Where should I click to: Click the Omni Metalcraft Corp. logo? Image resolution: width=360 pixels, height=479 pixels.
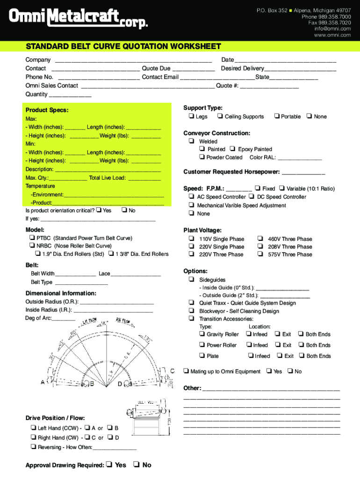pos(79,20)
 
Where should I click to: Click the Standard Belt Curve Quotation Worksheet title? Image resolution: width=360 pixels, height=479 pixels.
pos(123,47)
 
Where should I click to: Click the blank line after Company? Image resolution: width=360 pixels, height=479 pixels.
pos(133,60)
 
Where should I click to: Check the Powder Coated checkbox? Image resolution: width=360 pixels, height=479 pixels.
pos(202,157)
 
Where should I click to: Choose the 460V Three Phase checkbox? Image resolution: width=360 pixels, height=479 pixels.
pos(260,239)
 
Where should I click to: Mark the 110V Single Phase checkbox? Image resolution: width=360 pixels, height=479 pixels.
pos(192,239)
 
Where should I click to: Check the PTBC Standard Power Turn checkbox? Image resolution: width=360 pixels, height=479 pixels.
pos(32,238)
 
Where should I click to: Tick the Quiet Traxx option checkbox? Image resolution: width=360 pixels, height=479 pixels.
pos(192,303)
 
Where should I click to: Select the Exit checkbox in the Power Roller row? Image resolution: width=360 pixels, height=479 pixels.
pos(277,345)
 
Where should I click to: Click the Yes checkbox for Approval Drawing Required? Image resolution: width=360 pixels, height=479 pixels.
pos(109,465)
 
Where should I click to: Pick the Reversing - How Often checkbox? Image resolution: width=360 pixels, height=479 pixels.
pos(33,447)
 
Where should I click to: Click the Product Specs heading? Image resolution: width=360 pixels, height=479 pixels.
pos(47,110)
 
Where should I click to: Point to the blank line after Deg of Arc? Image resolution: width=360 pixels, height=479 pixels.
pos(64,319)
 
